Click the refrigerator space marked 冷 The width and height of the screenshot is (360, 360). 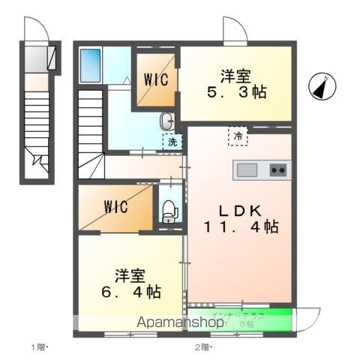(x=238, y=136)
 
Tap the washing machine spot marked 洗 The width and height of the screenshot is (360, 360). (x=172, y=141)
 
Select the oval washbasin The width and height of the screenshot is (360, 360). (x=166, y=120)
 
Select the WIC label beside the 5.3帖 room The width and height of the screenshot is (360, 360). (x=157, y=78)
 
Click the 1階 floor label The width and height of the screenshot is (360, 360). (x=40, y=346)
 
